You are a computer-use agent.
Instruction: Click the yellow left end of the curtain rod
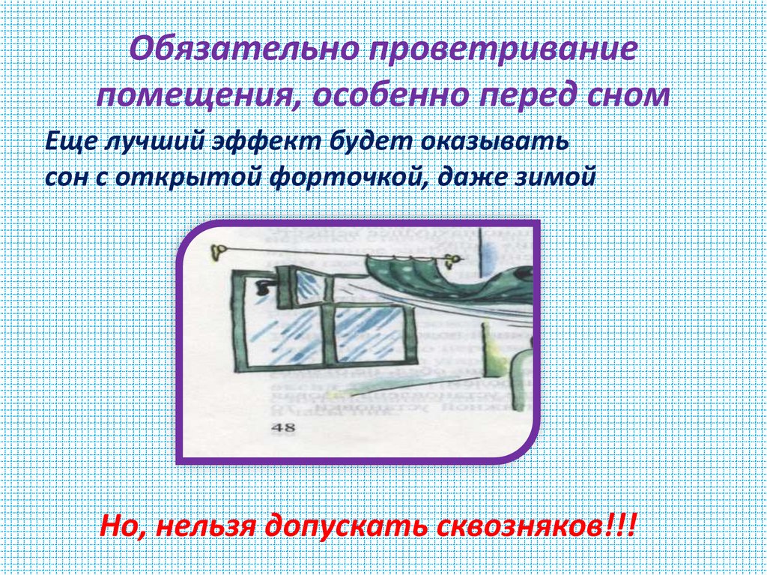pyautogui.click(x=217, y=249)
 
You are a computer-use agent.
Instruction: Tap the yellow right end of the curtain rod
pyautogui.click(x=452, y=259)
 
